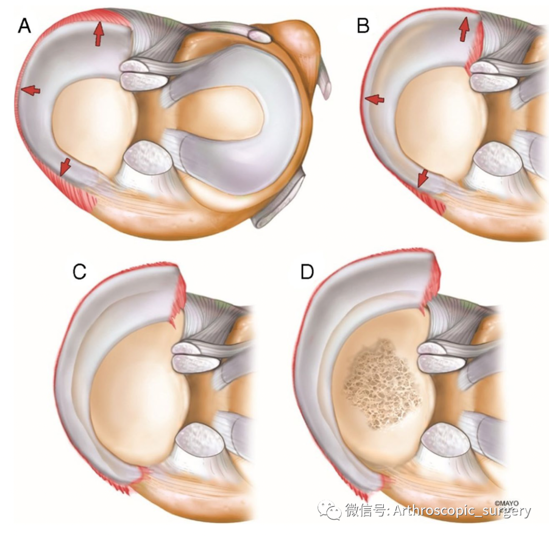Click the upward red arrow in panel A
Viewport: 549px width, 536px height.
[x=98, y=35]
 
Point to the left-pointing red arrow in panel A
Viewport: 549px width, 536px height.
[x=30, y=90]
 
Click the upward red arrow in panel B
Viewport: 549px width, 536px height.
[x=463, y=28]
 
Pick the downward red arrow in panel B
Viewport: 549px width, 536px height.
[x=422, y=178]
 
